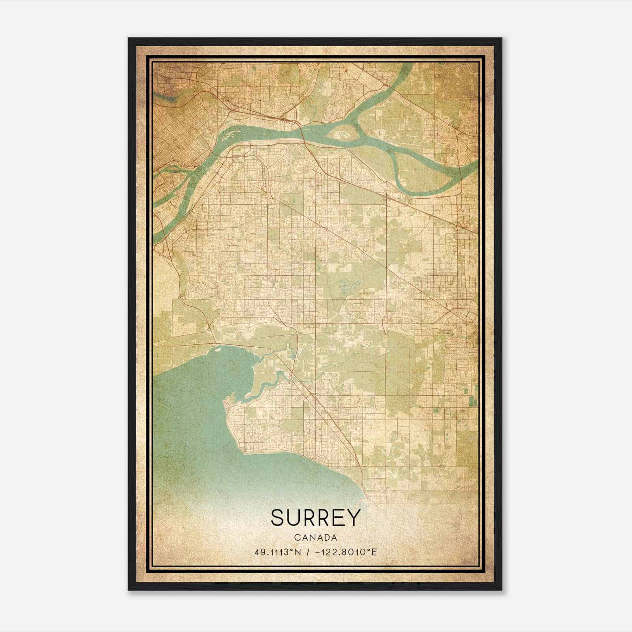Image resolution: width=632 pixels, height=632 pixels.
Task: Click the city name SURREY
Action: point(316,517)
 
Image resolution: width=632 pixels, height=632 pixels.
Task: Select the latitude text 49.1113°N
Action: point(278,552)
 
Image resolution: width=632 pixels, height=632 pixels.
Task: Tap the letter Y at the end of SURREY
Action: point(354,517)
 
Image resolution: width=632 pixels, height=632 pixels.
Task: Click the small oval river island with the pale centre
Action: point(343,133)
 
